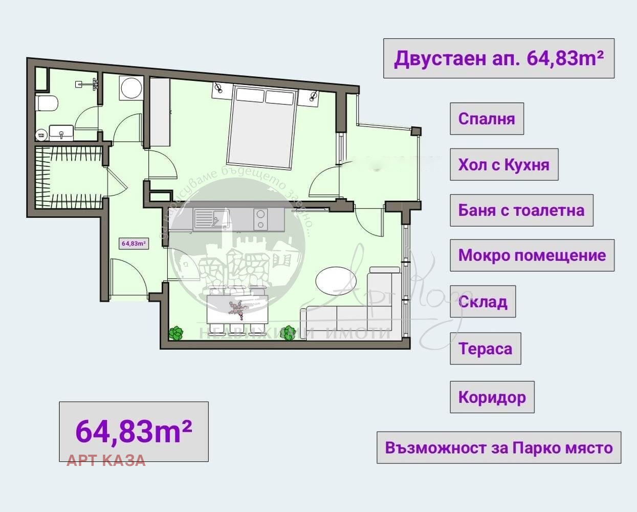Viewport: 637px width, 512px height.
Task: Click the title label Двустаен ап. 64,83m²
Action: click(498, 58)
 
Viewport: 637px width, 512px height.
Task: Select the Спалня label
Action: click(487, 119)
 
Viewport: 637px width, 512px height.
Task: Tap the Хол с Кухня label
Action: click(503, 165)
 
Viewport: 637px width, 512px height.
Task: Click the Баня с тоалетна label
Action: click(521, 210)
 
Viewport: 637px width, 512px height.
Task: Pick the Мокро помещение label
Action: click(532, 255)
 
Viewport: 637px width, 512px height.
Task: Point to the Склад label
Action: click(482, 302)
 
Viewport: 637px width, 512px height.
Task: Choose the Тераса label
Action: click(485, 349)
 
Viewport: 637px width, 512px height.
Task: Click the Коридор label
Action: click(492, 397)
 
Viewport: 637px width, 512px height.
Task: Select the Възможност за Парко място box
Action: click(498, 447)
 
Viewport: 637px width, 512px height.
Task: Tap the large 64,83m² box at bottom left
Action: click(134, 431)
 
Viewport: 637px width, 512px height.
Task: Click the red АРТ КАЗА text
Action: click(106, 460)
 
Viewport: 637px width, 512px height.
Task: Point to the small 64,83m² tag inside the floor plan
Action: click(134, 244)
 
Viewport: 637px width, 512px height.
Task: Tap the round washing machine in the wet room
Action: click(131, 88)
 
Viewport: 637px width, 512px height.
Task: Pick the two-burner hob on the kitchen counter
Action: click(260, 219)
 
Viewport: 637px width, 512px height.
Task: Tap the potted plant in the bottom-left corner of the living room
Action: click(175, 333)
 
